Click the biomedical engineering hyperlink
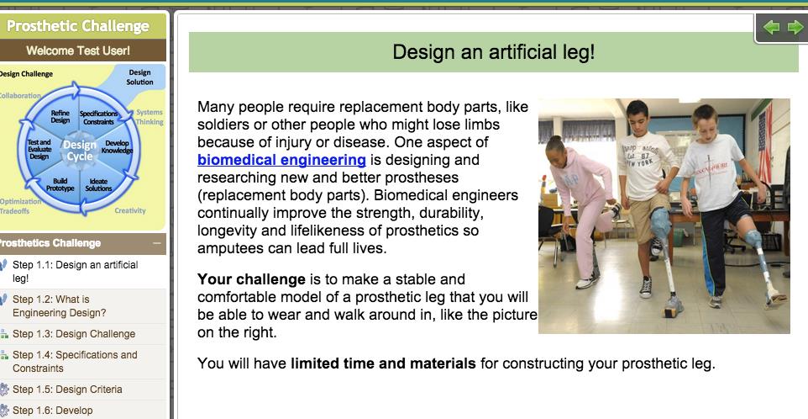pyautogui.click(x=281, y=160)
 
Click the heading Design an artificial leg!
pyautogui.click(x=493, y=52)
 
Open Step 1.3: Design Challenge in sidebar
pyautogui.click(x=74, y=334)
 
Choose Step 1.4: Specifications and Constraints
pyautogui.click(x=75, y=361)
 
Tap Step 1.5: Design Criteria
pyautogui.click(x=67, y=390)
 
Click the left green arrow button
pyautogui.click(x=771, y=28)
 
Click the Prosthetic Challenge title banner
pyautogui.click(x=77, y=26)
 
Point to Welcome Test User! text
pyautogui.click(x=78, y=50)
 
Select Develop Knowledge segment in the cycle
pyautogui.click(x=117, y=146)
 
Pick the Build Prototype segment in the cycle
pyautogui.click(x=60, y=184)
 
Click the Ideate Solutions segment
pyautogui.click(x=98, y=184)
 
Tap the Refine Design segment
pyautogui.click(x=60, y=116)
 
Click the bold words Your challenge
pyautogui.click(x=251, y=279)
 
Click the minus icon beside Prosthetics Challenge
pyautogui.click(x=156, y=243)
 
